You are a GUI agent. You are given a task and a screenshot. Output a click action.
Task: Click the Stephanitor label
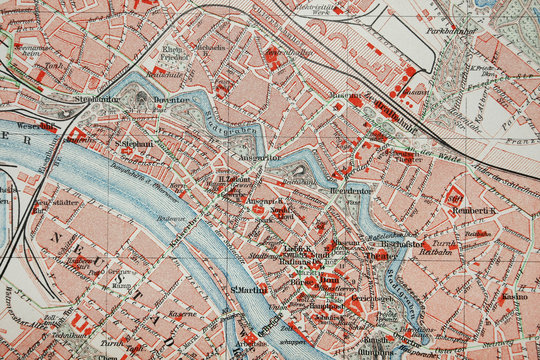click(96, 99)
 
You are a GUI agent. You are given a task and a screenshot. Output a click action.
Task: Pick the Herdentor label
click(350, 189)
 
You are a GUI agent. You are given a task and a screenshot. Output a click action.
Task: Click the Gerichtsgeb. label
click(371, 298)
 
